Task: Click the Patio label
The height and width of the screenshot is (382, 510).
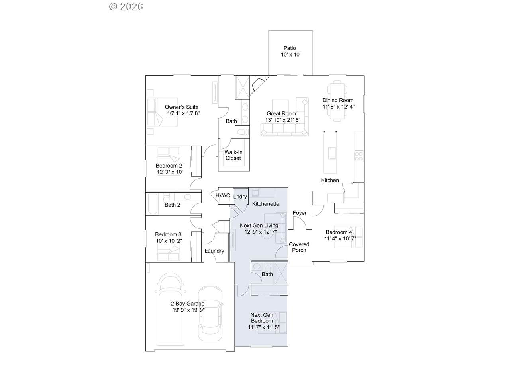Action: [290, 48]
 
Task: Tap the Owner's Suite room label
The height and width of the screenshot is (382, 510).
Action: [181, 107]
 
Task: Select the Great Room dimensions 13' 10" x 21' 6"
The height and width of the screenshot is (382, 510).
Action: [282, 120]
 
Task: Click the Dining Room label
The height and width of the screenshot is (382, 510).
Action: [337, 100]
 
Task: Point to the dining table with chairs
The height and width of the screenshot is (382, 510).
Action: [337, 101]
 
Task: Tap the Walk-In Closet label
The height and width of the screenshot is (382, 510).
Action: [233, 155]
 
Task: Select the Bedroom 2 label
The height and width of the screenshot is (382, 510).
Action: [169, 166]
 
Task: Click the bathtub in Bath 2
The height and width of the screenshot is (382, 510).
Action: [153, 204]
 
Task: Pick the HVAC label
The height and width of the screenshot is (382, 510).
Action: [223, 195]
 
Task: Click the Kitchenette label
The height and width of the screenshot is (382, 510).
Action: [266, 204]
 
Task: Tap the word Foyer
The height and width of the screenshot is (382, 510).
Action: [300, 213]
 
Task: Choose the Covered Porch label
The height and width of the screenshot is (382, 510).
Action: [299, 247]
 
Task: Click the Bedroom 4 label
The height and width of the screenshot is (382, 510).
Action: [339, 232]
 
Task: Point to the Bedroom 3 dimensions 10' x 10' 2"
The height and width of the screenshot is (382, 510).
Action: [169, 241]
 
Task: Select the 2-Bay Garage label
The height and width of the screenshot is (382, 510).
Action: [188, 303]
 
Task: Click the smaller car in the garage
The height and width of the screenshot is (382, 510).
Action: [210, 313]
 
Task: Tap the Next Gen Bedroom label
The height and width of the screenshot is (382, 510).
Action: [262, 318]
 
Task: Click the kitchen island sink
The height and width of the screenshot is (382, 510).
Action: [332, 153]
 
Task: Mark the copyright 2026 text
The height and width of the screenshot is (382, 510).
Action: [126, 6]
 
